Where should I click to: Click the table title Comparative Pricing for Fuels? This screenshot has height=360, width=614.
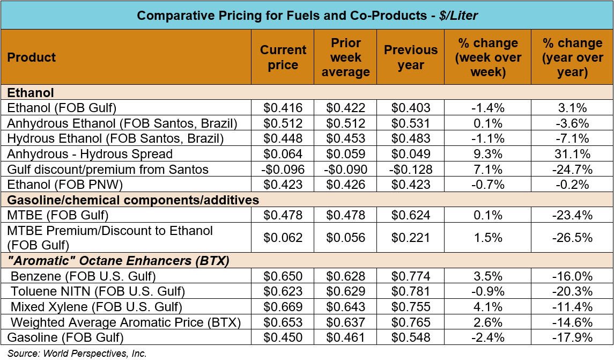[307, 15]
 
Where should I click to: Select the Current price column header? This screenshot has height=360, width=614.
[283, 57]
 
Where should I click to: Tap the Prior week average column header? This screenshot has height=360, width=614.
[345, 57]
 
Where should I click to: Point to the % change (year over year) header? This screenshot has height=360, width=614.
[572, 57]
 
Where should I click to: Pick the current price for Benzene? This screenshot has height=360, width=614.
[283, 277]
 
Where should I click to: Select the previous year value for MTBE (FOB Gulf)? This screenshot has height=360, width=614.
[410, 216]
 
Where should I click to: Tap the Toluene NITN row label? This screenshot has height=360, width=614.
[98, 292]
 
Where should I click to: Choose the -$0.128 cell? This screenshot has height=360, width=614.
[410, 170]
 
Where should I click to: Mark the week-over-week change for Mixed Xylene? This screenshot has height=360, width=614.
[487, 307]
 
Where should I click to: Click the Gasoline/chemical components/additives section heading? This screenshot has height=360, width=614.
[133, 201]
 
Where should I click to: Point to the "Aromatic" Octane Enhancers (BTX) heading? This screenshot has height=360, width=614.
[119, 262]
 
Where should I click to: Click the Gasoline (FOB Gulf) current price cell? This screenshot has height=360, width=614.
[283, 338]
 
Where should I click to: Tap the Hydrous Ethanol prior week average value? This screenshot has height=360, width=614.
[345, 139]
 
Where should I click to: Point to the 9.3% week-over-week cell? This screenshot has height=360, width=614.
[487, 155]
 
